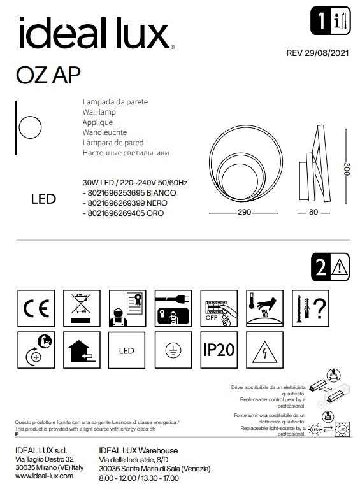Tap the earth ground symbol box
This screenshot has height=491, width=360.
[172, 350]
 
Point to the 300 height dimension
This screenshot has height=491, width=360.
[347, 169]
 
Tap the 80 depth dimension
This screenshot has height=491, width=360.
[313, 213]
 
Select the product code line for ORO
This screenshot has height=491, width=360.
[123, 213]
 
